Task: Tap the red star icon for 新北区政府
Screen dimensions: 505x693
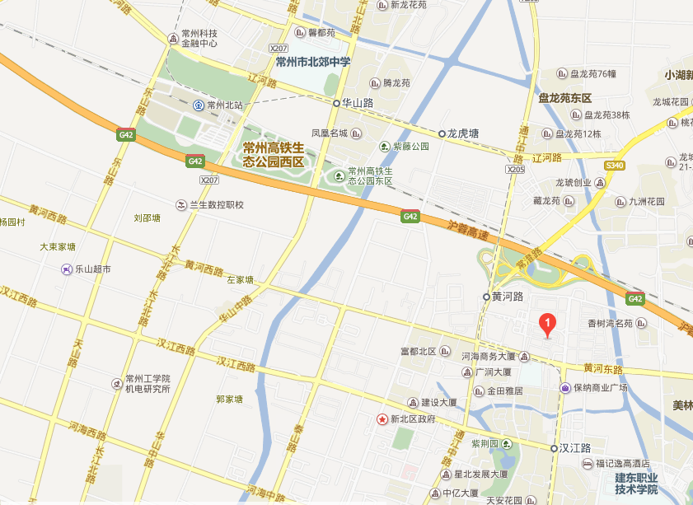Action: (382, 419)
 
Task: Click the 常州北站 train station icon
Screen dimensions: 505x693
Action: (199, 105)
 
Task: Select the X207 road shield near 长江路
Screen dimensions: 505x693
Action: (210, 180)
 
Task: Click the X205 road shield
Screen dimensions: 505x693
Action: (515, 169)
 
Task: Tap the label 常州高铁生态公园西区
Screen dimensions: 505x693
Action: (274, 154)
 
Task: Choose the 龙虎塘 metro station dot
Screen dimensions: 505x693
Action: (442, 133)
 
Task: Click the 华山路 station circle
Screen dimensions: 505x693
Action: (336, 104)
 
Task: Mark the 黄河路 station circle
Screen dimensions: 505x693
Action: (486, 297)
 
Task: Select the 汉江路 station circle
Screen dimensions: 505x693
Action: (554, 448)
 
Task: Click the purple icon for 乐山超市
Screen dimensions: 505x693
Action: (67, 269)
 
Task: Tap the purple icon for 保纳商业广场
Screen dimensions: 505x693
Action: (565, 388)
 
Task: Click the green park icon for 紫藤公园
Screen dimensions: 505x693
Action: (384, 147)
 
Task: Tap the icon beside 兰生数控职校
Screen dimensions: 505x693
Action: (181, 204)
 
